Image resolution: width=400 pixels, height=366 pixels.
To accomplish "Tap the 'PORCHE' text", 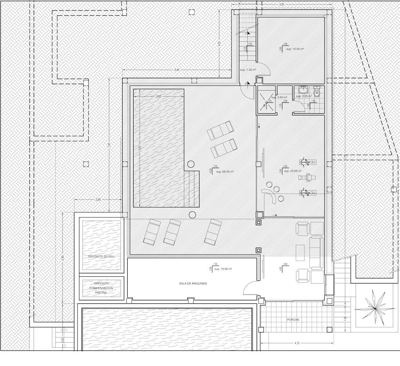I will coord(293,319).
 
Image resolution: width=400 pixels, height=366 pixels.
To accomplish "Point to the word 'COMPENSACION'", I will coord(101,288).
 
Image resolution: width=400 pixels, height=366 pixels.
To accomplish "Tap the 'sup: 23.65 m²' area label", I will coord(292,171).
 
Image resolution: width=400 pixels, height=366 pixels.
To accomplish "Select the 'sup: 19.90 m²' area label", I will coord(221,269).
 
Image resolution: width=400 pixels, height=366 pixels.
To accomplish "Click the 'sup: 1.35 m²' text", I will coord(248,70).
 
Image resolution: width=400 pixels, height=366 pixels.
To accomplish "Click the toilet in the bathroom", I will coord(317,91).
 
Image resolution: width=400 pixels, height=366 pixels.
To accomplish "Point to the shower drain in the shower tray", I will coord(267,102).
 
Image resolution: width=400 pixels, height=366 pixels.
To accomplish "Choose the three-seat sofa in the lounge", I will coord(317,253).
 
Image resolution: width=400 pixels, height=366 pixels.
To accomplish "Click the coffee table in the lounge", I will coord(300,252).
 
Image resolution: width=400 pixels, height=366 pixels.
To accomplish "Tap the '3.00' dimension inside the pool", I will coord(158,97).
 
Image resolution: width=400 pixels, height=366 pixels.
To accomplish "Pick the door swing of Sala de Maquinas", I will coord(251,288).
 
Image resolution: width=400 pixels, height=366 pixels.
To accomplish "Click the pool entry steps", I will coord(192,189).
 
